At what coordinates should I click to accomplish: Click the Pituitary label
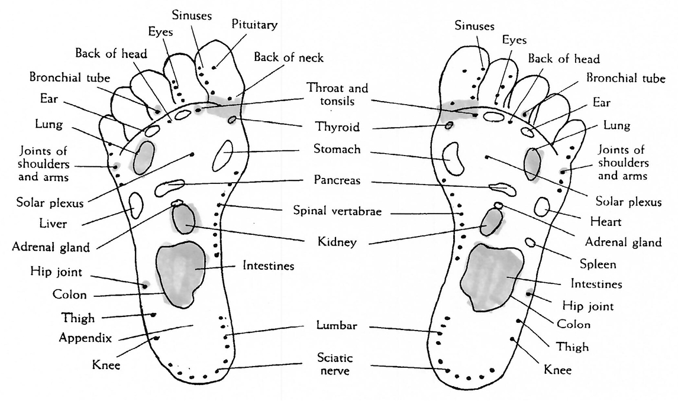[255, 25]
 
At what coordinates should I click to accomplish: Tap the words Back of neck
[289, 57]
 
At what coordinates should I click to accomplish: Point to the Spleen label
[598, 264]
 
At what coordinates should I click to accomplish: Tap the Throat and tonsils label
[337, 95]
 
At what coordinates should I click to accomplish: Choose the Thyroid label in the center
[337, 127]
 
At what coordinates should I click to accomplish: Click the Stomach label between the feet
[337, 150]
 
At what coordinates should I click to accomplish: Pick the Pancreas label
[337, 179]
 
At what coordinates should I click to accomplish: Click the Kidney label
[336, 242]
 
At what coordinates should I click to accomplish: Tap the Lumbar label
[336, 326]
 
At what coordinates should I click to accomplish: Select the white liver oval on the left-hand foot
[136, 205]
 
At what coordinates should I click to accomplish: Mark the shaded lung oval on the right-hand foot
[532, 163]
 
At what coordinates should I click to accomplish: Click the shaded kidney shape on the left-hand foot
[183, 219]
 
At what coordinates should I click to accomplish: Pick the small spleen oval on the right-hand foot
[531, 242]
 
